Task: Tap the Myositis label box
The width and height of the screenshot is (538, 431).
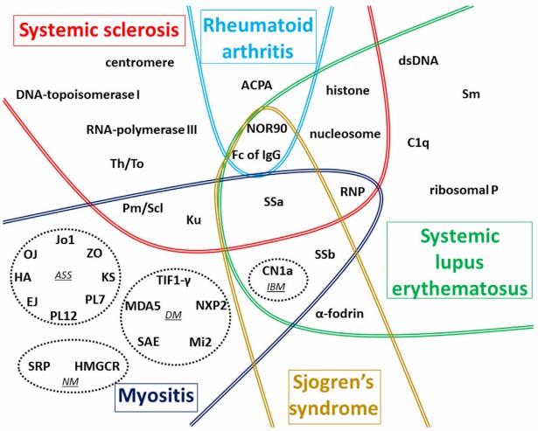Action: pos(157,398)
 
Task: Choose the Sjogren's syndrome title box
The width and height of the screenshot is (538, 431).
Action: pos(335,394)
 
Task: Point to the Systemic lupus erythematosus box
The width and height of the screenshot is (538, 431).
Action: pos(460,262)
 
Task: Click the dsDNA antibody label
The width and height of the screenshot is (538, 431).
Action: pos(418,61)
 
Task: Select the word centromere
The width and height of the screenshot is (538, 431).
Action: pos(140,63)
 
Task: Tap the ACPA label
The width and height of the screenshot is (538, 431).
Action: pos(257,85)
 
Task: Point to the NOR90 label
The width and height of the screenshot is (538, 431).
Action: pos(265,129)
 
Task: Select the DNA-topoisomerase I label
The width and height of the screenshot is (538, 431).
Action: pos(79,94)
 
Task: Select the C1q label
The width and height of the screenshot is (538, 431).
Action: pos(419,142)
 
